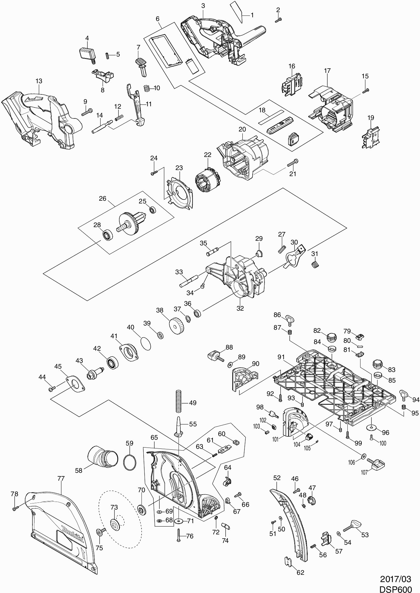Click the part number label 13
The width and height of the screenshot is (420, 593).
[39, 81]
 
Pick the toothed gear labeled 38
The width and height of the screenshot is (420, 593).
[176, 326]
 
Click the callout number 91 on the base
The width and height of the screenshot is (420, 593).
[281, 357]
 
